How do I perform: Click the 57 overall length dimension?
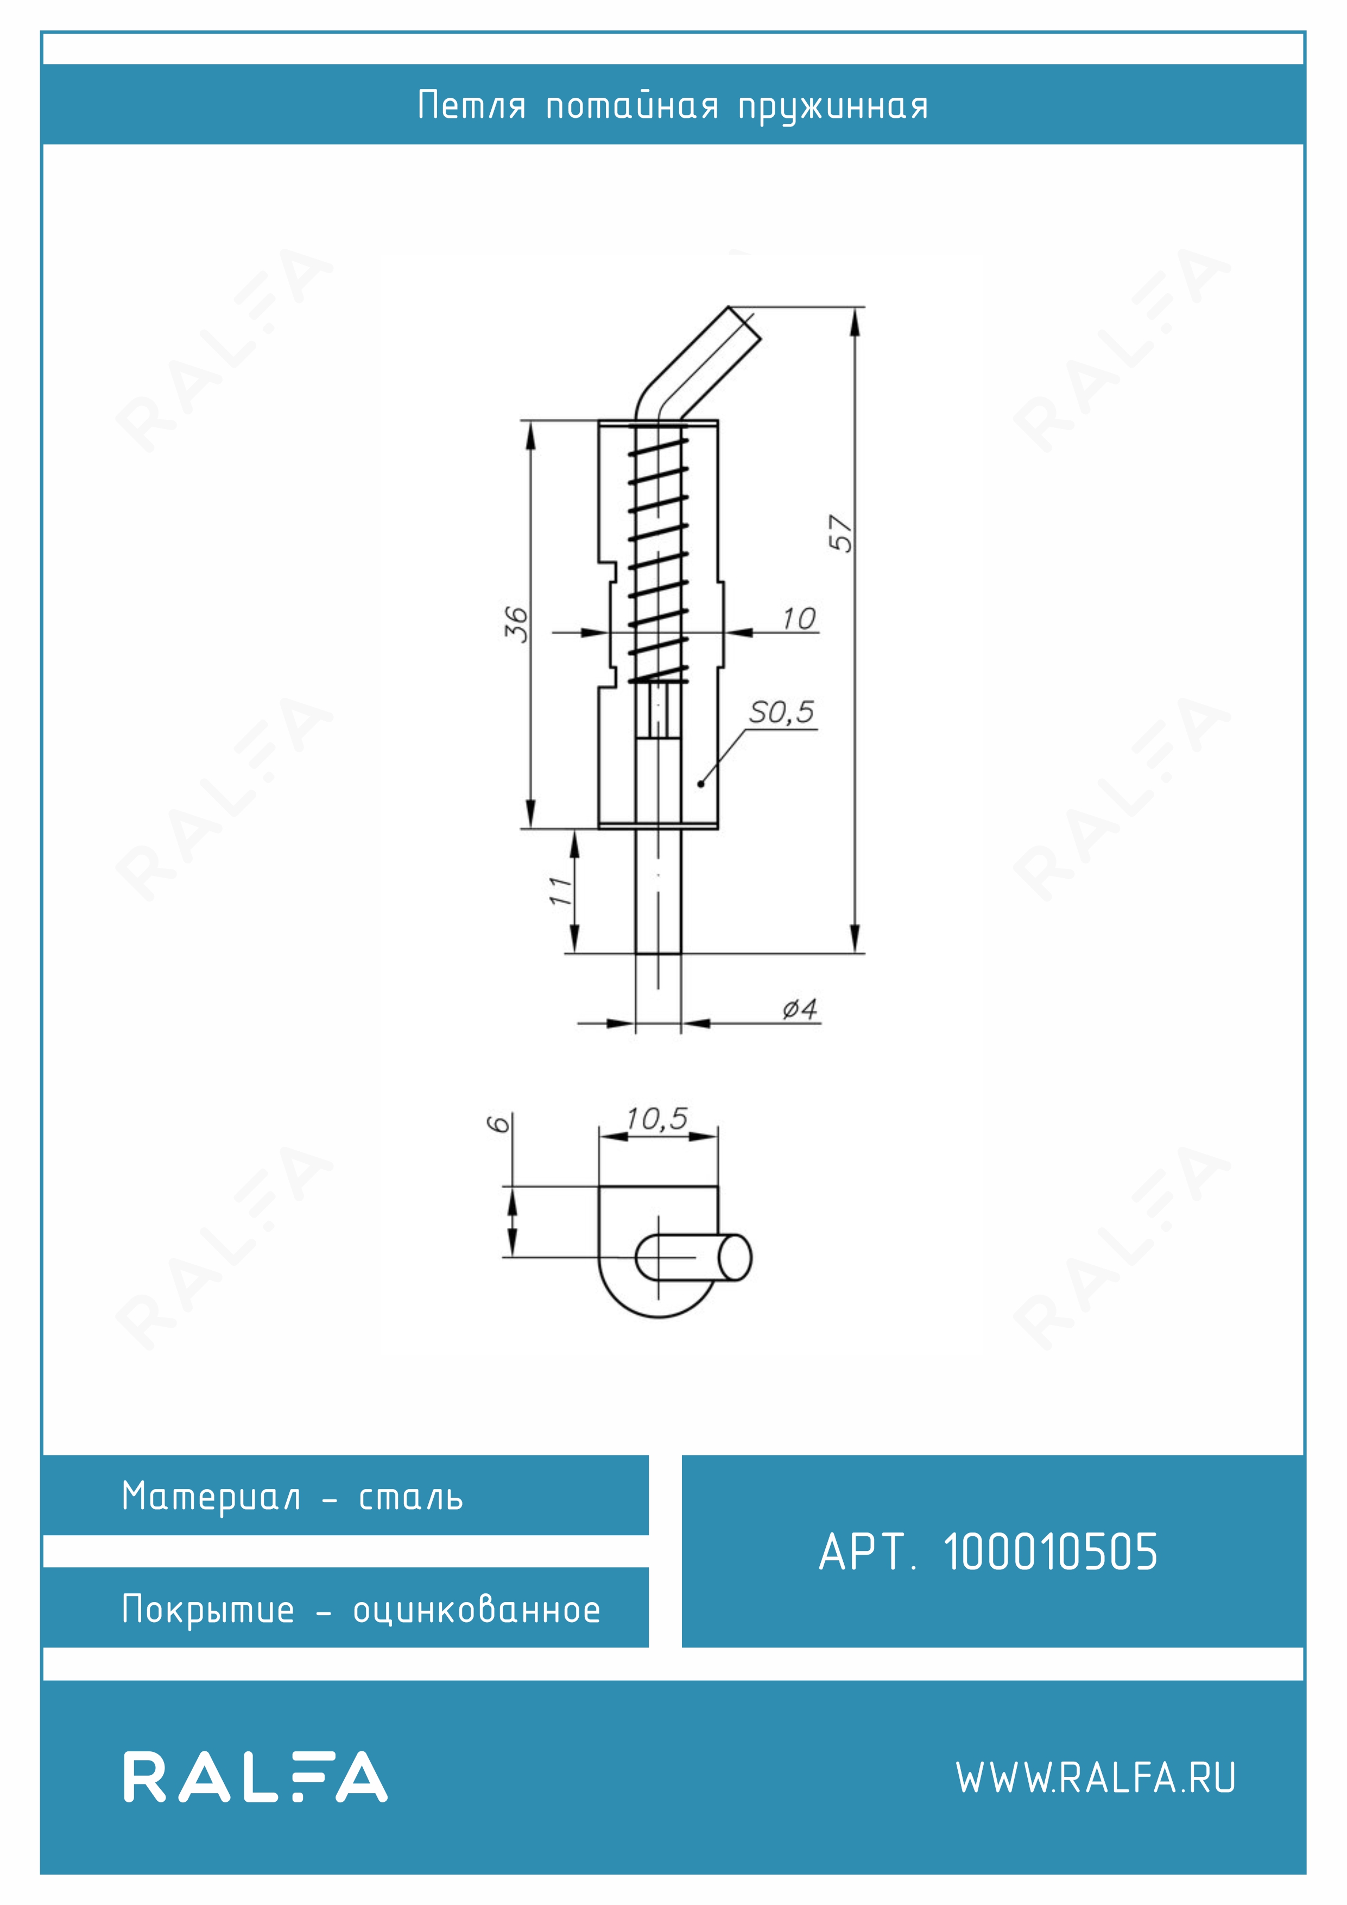[x=840, y=533]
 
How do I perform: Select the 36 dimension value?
[x=516, y=624]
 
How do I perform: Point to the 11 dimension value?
[x=561, y=890]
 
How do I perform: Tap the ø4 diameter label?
[x=800, y=1009]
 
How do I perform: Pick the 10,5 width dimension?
[x=657, y=1119]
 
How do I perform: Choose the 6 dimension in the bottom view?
[x=498, y=1124]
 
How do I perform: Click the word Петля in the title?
[x=472, y=105]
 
